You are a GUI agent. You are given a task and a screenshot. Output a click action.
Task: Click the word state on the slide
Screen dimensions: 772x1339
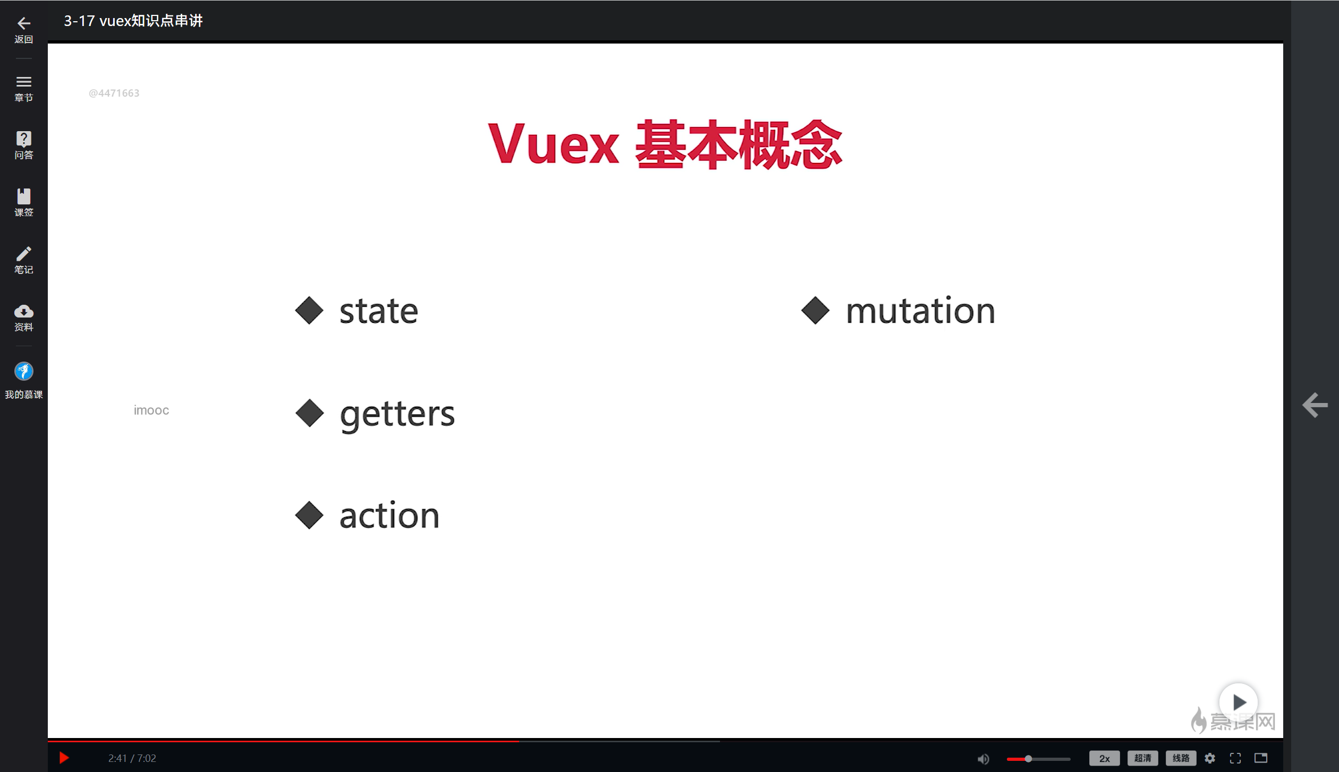[x=378, y=311]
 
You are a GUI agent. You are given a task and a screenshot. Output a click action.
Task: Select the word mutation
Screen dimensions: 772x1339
[x=920, y=311]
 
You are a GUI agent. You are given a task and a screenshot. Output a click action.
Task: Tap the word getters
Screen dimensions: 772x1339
[x=397, y=414]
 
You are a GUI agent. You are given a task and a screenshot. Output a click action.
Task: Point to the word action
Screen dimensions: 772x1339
[x=389, y=516]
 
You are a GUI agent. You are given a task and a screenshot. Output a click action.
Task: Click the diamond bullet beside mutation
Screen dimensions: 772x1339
[x=815, y=311]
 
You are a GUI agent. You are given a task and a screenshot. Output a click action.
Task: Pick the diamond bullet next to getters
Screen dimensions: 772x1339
[x=309, y=413]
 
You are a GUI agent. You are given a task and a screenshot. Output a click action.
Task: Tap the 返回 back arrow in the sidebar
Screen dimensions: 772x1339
[x=23, y=23]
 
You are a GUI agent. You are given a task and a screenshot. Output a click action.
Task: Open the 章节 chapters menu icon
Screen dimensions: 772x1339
[x=23, y=82]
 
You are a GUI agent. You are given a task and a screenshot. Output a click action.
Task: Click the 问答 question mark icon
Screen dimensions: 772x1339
[x=23, y=139]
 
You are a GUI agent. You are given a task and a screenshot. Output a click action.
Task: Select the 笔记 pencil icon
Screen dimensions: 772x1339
[x=23, y=254]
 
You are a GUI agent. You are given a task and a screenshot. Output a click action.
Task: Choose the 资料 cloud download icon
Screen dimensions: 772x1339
[x=23, y=311]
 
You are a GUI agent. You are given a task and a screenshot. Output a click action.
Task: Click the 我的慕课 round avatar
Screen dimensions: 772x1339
[x=23, y=371]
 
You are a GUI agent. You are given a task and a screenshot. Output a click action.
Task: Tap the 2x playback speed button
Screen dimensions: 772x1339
[x=1104, y=758]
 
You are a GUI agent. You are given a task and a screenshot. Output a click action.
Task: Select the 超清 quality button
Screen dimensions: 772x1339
[x=1142, y=758]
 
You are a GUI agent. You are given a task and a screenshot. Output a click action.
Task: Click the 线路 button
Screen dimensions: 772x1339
[x=1181, y=758]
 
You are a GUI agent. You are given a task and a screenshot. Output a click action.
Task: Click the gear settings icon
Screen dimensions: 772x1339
[x=1210, y=758]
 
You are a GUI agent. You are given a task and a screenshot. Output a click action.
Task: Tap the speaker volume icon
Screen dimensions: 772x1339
[x=983, y=759]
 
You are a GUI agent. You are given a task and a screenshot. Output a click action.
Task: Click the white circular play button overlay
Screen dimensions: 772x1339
[x=1238, y=702]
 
